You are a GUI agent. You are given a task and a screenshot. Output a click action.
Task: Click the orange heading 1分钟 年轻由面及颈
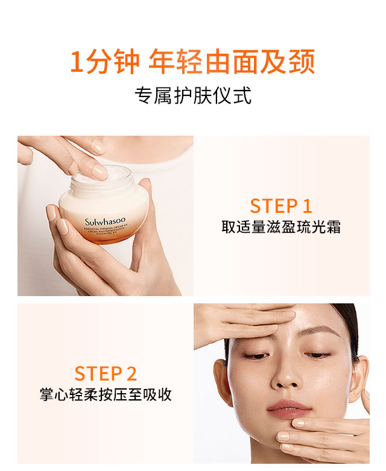pos(192,63)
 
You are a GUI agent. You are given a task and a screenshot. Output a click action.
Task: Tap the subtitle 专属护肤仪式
pos(192,96)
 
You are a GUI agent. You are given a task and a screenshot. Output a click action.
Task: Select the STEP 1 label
pos(281,206)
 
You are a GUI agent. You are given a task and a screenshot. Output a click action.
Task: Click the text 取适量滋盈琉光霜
pos(281,228)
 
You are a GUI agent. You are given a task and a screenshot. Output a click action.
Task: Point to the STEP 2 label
pos(106,373)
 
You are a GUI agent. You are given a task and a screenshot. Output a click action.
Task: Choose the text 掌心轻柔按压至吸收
pos(106,395)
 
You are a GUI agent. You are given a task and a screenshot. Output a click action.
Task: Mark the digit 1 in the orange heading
pos(76,63)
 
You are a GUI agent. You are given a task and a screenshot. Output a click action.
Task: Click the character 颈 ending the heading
pos(302,63)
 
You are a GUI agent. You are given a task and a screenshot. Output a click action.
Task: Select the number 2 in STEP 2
pos(131,373)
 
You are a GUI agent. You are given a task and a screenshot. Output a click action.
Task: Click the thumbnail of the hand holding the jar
pos(106,216)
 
